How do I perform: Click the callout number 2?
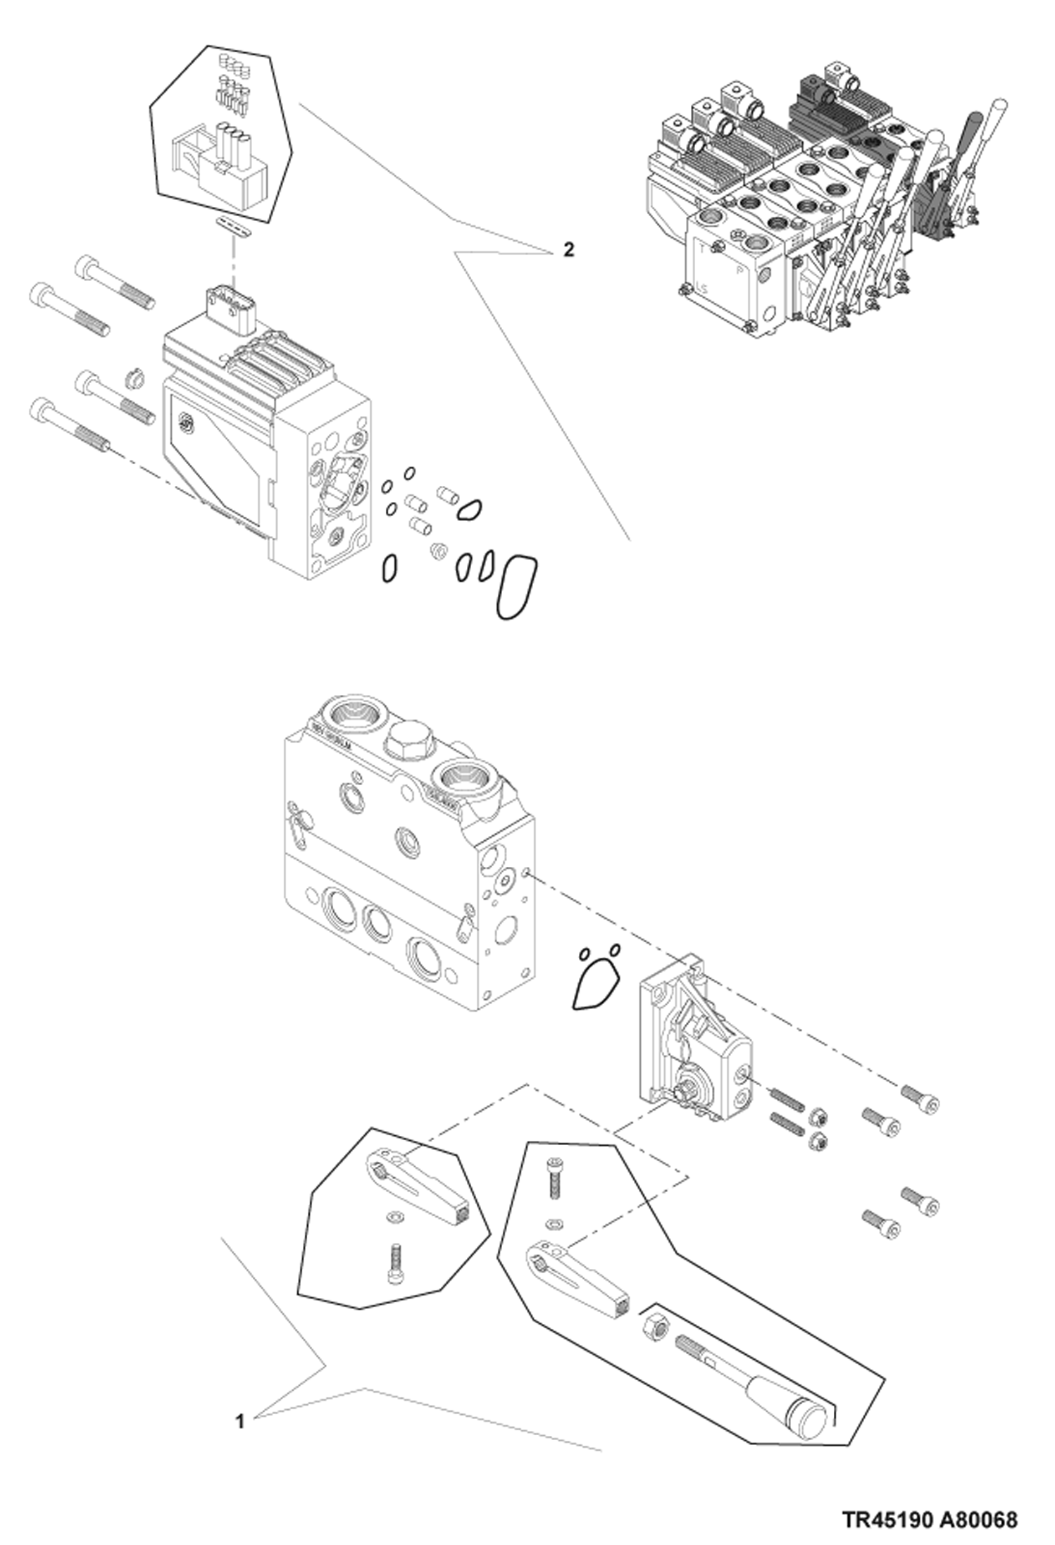(x=568, y=249)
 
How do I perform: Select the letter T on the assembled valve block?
(x=701, y=249)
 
